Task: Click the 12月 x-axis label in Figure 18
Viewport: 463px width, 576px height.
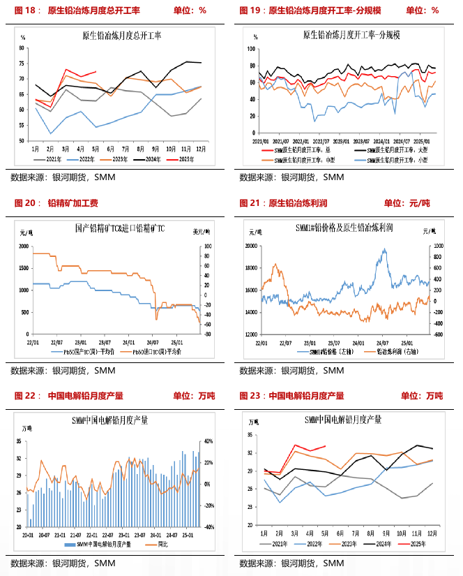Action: [201, 149]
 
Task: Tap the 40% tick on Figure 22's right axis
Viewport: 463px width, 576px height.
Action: [207, 441]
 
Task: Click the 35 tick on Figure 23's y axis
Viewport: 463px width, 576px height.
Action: [250, 435]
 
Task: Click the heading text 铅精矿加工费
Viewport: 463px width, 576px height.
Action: [73, 203]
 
